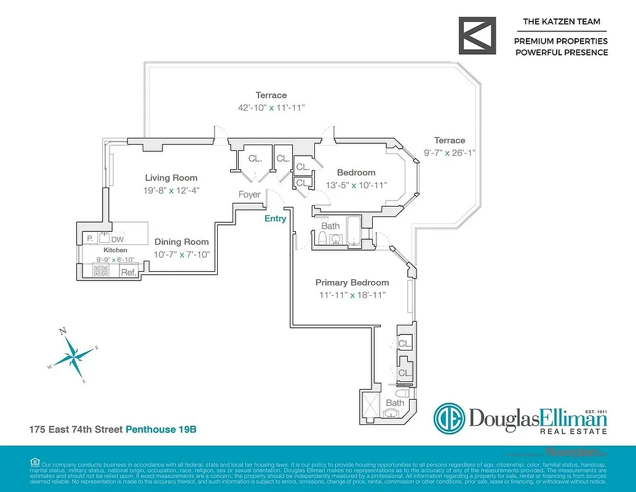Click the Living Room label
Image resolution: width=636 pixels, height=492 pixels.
(166, 178)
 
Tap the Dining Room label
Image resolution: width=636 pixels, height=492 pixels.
(181, 242)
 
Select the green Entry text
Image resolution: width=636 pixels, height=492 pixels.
(275, 218)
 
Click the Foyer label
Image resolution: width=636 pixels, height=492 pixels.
(250, 194)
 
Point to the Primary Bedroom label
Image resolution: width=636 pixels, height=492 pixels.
(352, 282)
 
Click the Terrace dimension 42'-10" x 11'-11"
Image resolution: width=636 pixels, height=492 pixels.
(271, 107)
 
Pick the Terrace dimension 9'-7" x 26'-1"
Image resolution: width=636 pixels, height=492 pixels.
(449, 153)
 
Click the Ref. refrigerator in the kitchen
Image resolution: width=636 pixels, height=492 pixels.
(128, 272)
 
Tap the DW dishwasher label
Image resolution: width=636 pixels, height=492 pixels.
(117, 239)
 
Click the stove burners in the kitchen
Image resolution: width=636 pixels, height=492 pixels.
(101, 271)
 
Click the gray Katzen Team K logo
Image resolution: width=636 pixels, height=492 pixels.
(477, 36)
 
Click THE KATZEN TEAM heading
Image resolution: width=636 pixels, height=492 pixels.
(561, 22)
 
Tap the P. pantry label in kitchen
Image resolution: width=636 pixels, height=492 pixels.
(90, 238)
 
